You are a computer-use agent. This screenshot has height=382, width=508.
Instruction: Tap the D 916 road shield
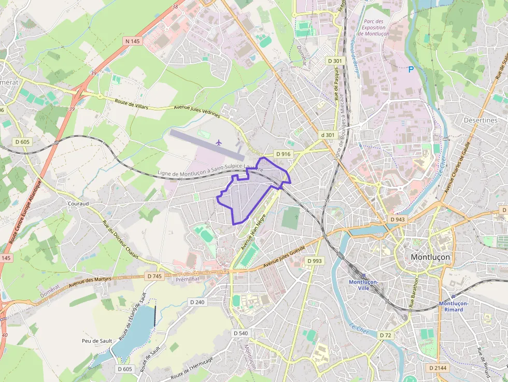click(x=284, y=154)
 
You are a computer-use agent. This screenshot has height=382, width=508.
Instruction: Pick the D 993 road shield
click(x=314, y=261)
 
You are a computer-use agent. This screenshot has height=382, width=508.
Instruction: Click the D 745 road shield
click(x=154, y=276)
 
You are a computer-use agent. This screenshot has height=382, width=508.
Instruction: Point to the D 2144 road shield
click(x=438, y=367)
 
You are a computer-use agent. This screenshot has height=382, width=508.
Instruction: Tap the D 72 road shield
click(x=385, y=335)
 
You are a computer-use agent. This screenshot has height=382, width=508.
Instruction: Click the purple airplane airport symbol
click(x=218, y=142)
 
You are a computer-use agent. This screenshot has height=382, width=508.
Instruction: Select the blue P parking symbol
click(x=411, y=69)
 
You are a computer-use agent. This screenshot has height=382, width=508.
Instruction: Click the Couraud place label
click(x=78, y=204)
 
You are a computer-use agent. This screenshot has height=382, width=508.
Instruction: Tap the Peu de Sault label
click(x=97, y=341)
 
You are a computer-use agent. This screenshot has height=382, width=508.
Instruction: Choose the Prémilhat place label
click(x=188, y=278)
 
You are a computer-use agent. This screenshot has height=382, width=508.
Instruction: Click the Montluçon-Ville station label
click(x=363, y=285)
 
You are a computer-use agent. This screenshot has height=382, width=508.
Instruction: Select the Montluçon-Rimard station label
click(x=454, y=306)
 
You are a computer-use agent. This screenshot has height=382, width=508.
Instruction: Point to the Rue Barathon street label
click(x=414, y=293)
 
